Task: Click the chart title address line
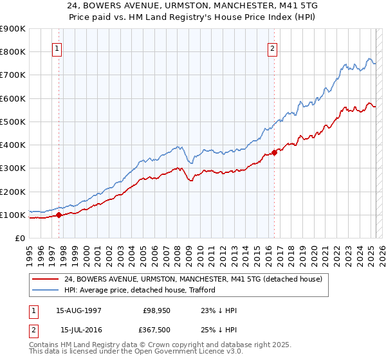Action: tap(192, 5)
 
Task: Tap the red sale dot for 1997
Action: tap(59, 215)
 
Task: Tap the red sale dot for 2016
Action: tap(274, 152)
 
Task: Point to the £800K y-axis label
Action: tap(13, 51)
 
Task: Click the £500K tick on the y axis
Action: tap(13, 122)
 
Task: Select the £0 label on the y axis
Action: tap(19, 238)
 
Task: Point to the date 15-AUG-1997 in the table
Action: tap(78, 311)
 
